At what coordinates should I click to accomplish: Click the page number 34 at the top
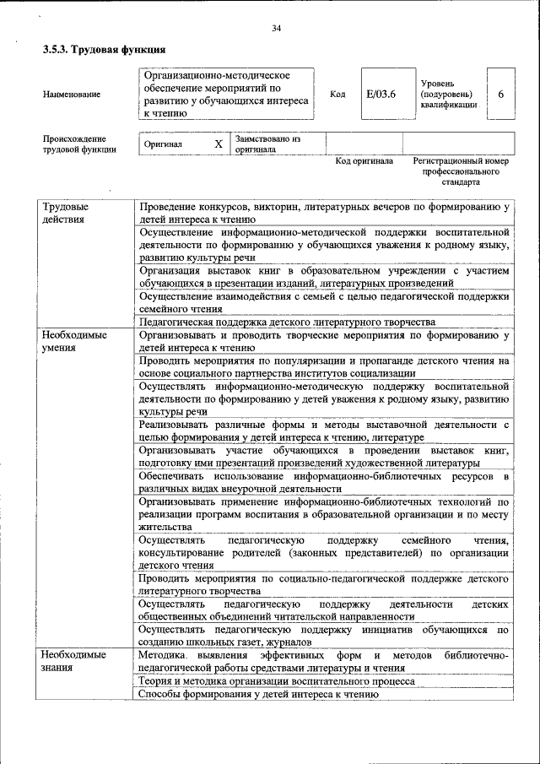(276, 30)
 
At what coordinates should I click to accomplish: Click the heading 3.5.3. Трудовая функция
(104, 51)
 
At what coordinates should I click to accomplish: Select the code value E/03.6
(381, 94)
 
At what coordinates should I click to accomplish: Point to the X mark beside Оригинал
(219, 144)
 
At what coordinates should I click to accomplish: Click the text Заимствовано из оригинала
(267, 144)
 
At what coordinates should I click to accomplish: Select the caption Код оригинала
(364, 160)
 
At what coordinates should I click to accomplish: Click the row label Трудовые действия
(63, 213)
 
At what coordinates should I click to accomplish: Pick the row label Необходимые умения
(73, 341)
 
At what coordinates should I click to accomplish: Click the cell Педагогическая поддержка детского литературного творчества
(287, 322)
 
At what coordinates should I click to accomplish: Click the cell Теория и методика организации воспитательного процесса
(276, 680)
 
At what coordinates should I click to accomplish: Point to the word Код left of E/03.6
(337, 95)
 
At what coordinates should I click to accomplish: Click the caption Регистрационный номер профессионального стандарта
(461, 171)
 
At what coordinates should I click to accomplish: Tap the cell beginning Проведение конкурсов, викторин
(324, 213)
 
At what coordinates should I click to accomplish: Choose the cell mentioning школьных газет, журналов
(324, 637)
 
